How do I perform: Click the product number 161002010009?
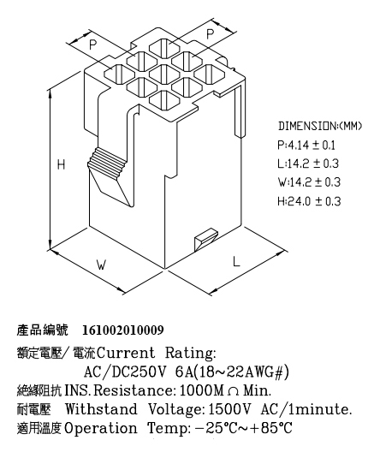point(123,330)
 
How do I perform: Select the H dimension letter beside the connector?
point(61,164)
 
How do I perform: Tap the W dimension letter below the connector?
point(101,265)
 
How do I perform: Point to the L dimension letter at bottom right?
point(236,261)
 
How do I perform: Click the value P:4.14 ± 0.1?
point(306,146)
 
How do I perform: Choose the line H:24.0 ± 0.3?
point(309,201)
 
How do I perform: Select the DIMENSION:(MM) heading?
point(320,126)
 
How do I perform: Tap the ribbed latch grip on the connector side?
point(107,163)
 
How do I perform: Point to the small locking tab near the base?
point(206,239)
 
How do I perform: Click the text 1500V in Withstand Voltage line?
point(229,409)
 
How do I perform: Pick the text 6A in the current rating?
point(184,372)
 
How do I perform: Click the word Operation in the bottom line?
point(101,429)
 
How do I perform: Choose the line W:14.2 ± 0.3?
point(309,182)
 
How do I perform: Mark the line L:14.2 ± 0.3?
point(308,164)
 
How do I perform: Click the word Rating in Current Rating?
point(191,354)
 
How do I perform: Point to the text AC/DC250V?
point(125,372)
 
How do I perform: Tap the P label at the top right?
point(210,34)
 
